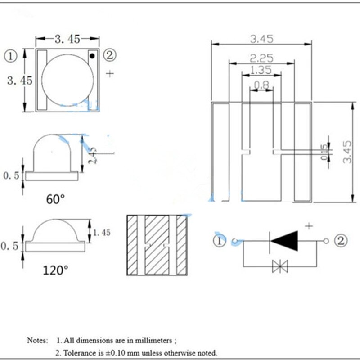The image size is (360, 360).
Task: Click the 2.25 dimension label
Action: [x=261, y=57]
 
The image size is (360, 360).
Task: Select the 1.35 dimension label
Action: [x=261, y=70]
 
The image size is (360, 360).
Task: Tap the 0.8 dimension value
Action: [x=261, y=84]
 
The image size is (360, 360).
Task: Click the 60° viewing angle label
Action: [x=56, y=199]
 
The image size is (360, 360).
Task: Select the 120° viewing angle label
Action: [x=56, y=270]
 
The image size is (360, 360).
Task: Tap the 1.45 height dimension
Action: [x=101, y=232]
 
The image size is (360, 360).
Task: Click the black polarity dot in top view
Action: [x=92, y=56]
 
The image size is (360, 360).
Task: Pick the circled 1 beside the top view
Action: [x=10, y=56]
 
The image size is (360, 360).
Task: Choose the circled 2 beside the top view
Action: [x=110, y=56]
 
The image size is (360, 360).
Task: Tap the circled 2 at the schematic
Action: [x=341, y=241]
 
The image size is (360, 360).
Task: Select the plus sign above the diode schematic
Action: [x=309, y=226]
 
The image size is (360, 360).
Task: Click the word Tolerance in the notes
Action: [x=81, y=352]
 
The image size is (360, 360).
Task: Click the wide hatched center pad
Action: [x=156, y=245]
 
